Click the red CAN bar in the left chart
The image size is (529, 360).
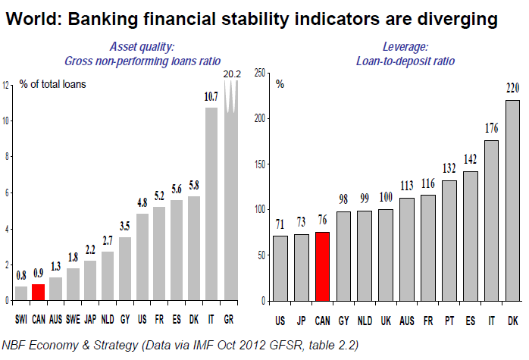click(38, 292)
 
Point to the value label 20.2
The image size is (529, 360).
click(231, 74)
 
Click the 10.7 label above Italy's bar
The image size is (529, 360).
click(211, 97)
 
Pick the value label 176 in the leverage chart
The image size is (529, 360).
click(491, 128)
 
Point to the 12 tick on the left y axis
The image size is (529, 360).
click(7, 84)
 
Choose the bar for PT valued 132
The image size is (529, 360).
click(449, 240)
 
